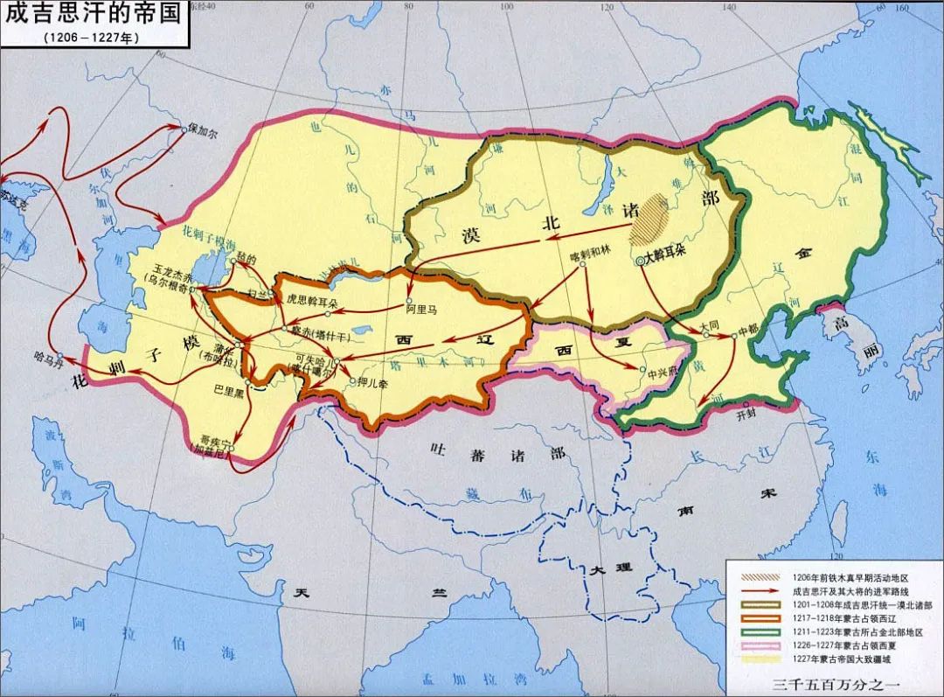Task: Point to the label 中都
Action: (x=749, y=331)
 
